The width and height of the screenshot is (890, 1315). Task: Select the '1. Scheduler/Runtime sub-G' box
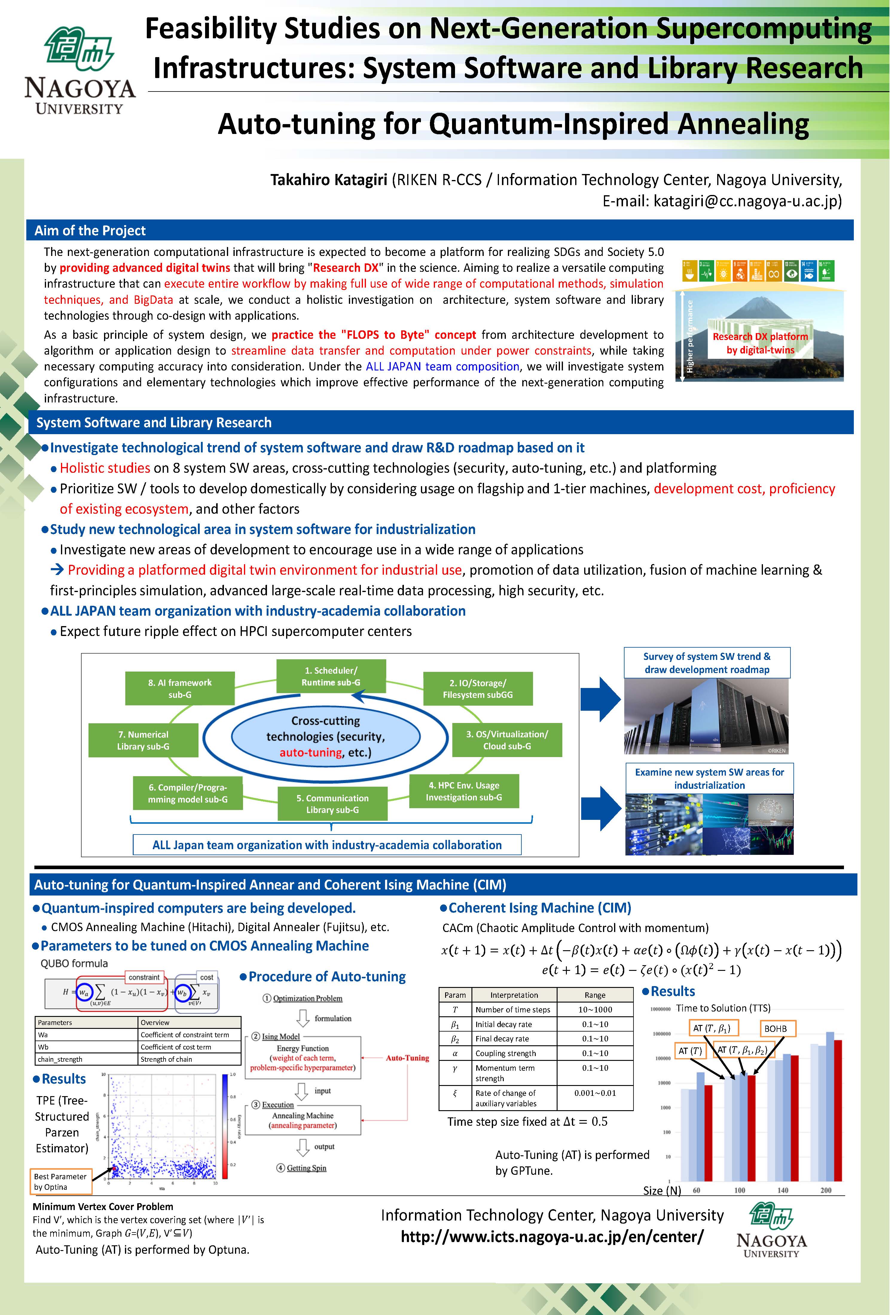(331, 676)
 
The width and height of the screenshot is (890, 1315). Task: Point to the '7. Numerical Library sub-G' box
(143, 740)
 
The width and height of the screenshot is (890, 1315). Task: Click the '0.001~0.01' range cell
(595, 1093)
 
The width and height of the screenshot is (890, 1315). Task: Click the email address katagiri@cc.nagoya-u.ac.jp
(747, 201)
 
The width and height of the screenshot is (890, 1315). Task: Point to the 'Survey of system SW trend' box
(707, 663)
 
